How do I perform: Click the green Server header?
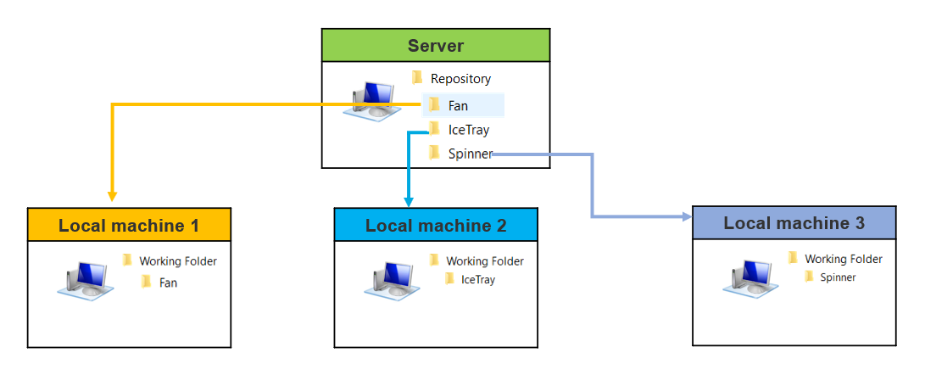coord(435,46)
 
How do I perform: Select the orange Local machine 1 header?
coord(129,226)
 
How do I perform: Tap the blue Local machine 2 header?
coord(436,226)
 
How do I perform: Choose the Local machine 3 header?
coord(794,223)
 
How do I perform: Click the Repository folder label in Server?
coord(460,79)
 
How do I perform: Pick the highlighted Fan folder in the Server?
coord(458,106)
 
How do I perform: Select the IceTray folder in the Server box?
coord(468,130)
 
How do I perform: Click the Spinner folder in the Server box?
coord(469,154)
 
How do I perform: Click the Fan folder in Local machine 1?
coord(168,283)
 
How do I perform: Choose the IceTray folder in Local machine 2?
coord(477,279)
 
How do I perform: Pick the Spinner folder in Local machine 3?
coord(838,277)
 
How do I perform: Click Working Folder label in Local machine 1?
coord(177,261)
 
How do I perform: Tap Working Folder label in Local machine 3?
coord(843,259)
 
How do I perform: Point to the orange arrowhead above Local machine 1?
coord(113,194)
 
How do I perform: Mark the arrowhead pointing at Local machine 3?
coord(687,217)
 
